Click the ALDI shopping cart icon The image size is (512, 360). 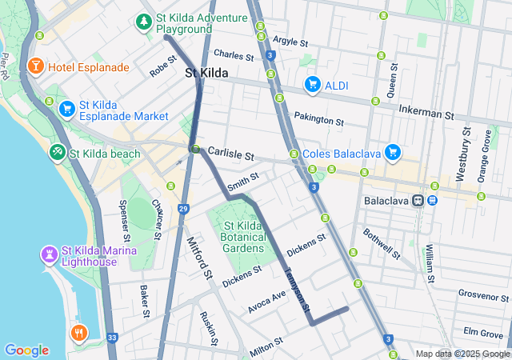[312, 84]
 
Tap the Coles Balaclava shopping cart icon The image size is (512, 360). [392, 151]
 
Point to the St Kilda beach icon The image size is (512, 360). [57, 152]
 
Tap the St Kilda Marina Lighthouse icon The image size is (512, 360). [49, 254]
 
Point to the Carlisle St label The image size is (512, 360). [230, 154]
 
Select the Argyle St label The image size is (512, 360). [290, 41]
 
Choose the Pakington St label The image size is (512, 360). [318, 120]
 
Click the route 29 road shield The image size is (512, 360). [183, 209]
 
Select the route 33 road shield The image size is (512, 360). [110, 338]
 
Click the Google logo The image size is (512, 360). [26, 350]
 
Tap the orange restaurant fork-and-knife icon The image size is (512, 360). [78, 333]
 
